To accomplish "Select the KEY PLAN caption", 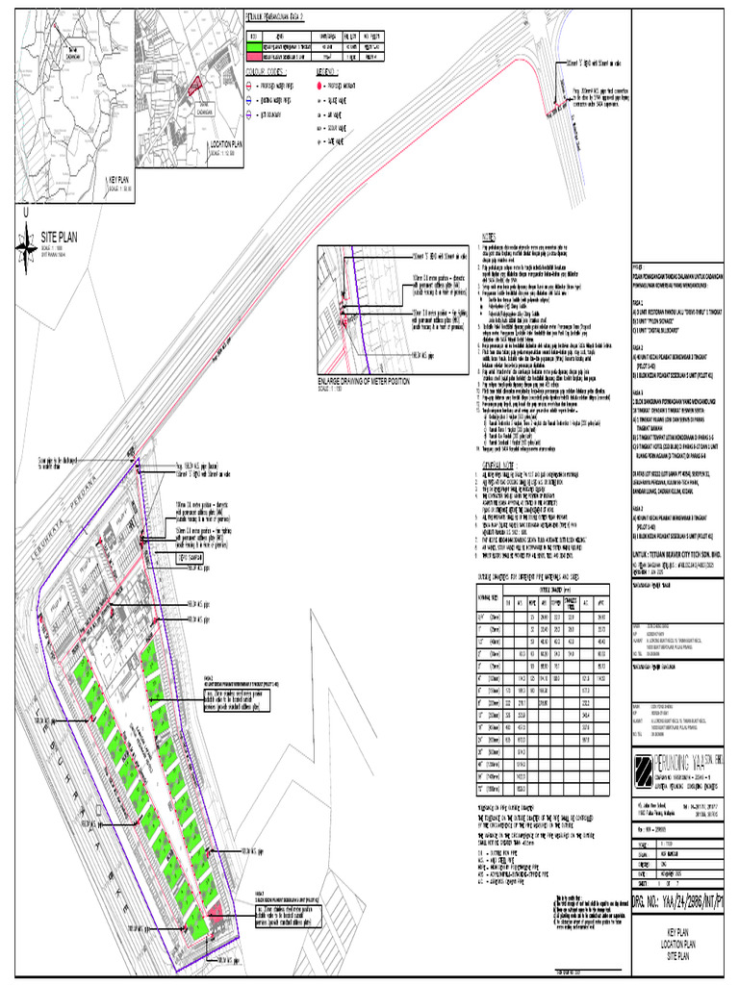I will (x=120, y=180).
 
